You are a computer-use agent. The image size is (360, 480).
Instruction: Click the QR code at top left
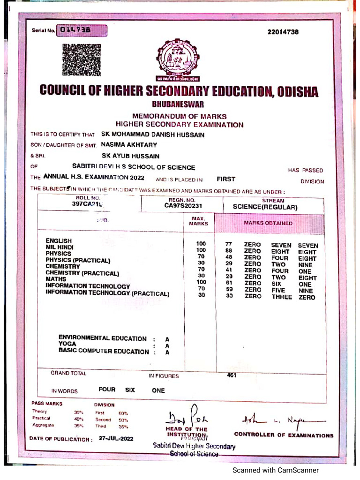[x=82, y=60]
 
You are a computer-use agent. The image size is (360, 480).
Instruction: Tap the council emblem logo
[x=178, y=60]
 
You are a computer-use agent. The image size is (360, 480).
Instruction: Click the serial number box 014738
[x=82, y=31]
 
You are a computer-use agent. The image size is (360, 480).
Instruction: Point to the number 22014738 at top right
[x=283, y=32]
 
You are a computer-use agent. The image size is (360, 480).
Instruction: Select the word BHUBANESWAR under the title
[x=178, y=105]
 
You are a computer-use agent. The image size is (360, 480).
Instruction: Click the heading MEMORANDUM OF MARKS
[x=179, y=116]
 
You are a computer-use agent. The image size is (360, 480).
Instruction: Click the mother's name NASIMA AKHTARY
[x=129, y=145]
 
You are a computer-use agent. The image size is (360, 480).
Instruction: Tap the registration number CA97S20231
[x=183, y=205]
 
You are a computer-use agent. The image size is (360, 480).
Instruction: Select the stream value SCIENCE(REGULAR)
[x=265, y=207]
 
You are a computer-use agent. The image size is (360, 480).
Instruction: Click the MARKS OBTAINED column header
[x=268, y=223]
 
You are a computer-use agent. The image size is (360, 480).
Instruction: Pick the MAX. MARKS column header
[x=198, y=221]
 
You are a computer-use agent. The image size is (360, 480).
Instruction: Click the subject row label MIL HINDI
[x=60, y=247]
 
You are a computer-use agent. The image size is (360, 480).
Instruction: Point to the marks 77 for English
[x=229, y=244]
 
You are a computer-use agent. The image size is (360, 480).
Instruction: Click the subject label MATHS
[x=56, y=279]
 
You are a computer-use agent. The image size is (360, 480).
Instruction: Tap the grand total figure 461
[x=231, y=375]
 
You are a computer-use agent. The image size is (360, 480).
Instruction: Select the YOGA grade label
[x=67, y=344]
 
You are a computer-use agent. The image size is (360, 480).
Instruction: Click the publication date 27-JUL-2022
[x=116, y=439]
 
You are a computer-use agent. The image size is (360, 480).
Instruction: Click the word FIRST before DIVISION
[x=226, y=179]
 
